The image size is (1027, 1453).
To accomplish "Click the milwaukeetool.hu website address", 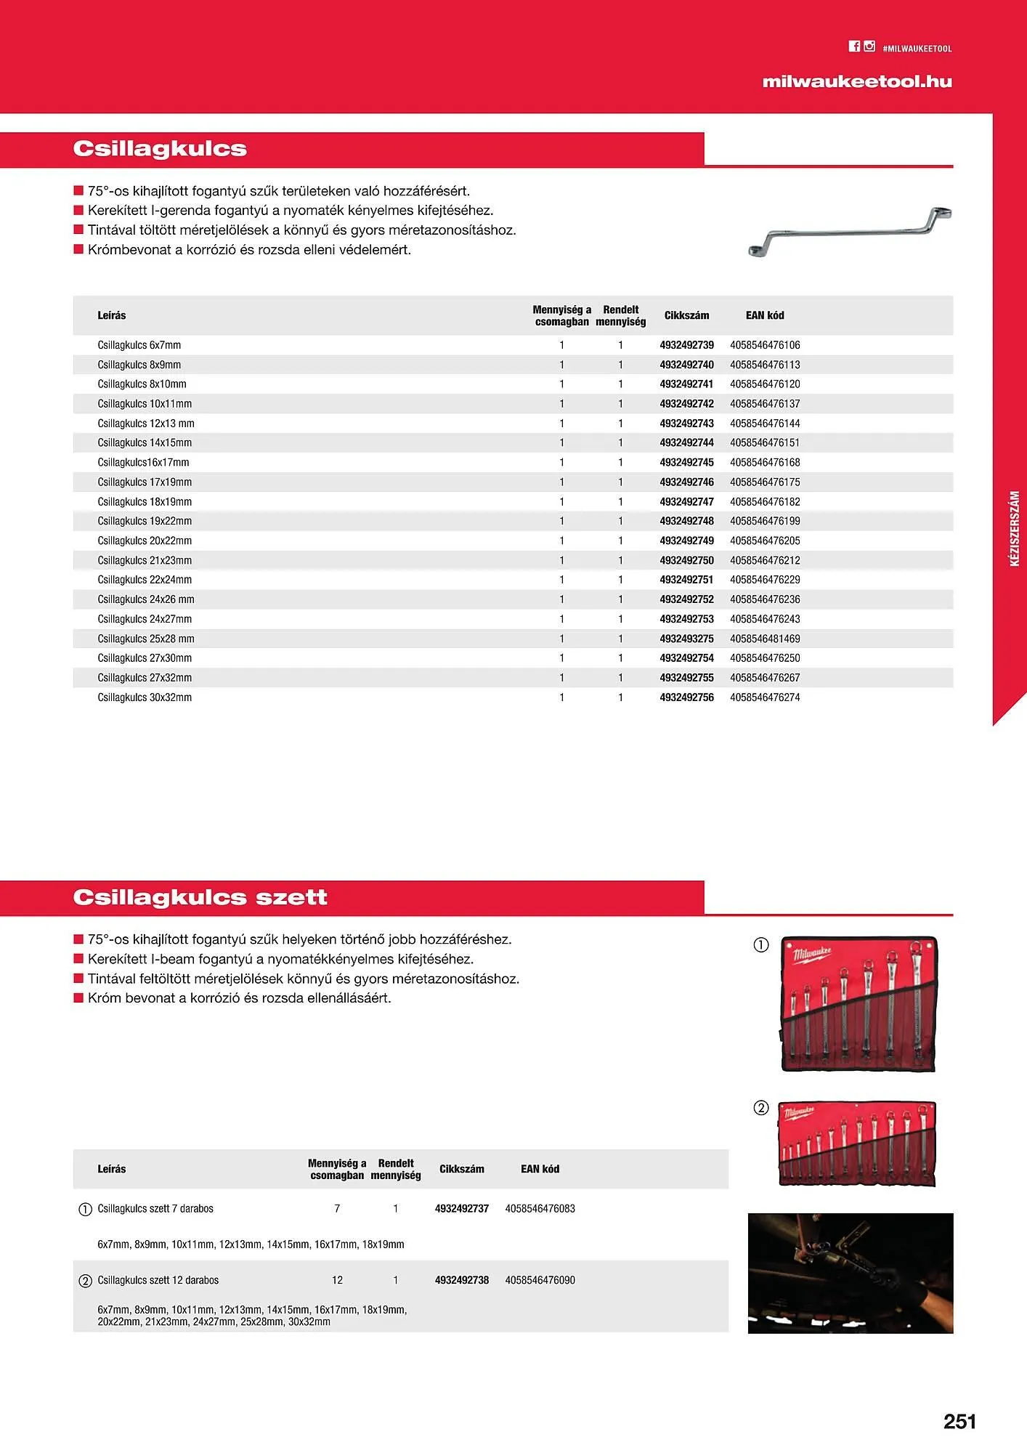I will tap(856, 82).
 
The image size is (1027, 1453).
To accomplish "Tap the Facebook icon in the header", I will tap(854, 46).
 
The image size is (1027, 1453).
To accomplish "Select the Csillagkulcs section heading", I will tap(160, 149).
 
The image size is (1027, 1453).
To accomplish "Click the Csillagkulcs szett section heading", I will tap(200, 898).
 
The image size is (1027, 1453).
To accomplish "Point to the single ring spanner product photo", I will tap(849, 232).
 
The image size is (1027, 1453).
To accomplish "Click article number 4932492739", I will tap(686, 345).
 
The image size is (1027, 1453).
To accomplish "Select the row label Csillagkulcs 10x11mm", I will tap(145, 404).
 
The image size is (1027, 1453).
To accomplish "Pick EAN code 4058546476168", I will tap(765, 463).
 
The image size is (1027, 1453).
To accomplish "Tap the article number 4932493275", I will tap(686, 639).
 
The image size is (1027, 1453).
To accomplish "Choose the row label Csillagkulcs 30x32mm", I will tap(145, 697).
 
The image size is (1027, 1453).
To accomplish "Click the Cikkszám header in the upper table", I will tap(686, 315).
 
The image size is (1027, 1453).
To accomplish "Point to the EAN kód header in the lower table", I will tap(540, 1169).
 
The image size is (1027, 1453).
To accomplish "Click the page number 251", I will tap(959, 1422).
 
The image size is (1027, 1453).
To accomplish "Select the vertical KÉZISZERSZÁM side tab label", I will tap(1015, 528).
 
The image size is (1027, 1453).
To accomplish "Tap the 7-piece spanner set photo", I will tap(858, 1004).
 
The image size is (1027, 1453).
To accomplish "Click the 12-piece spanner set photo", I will tap(857, 1144).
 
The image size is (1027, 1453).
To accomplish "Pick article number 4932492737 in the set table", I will tap(461, 1209).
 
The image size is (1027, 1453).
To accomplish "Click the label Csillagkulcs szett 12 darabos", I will tap(158, 1280).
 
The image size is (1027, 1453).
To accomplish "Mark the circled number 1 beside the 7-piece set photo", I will tap(760, 945).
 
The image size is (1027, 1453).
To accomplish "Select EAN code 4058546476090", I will tap(540, 1280).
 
